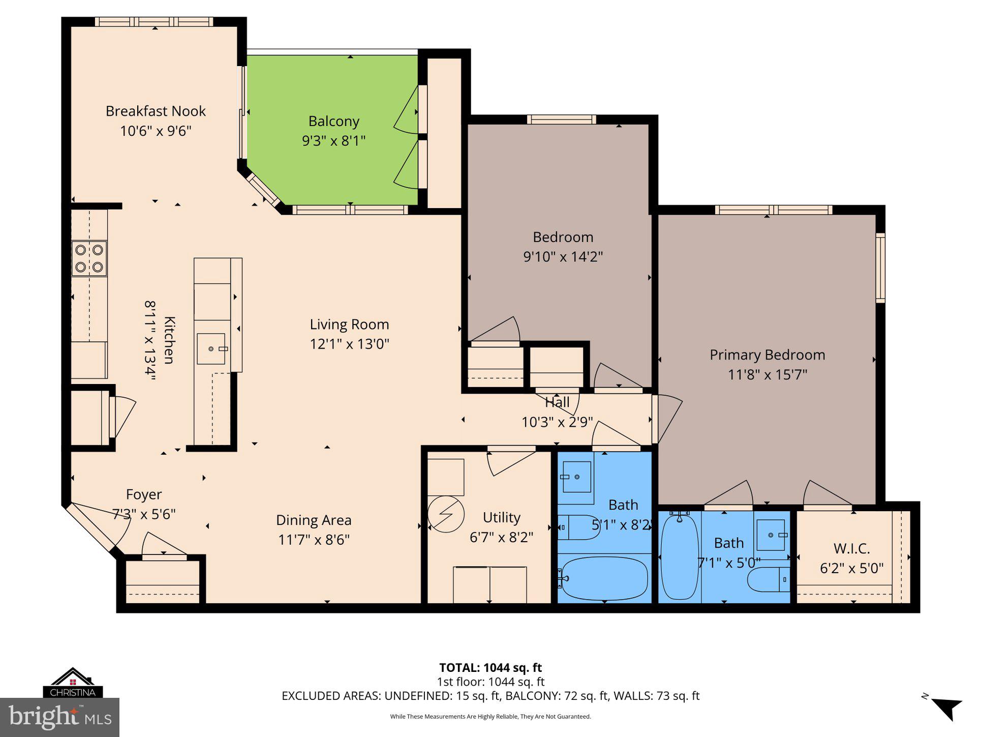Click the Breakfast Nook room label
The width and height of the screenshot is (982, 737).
[156, 111]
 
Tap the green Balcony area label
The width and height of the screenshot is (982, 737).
[333, 122]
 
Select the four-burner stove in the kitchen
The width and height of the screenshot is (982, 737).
[89, 258]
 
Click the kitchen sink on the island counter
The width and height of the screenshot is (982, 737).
[211, 349]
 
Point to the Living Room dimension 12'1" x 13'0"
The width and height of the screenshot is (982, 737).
[349, 344]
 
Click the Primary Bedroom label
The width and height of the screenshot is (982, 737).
[767, 355]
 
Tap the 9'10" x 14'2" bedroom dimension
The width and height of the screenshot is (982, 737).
[563, 256]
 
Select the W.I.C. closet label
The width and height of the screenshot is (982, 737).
[851, 549]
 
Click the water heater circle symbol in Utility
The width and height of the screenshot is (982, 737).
[446, 514]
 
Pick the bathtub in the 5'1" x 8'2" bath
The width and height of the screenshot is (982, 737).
[603, 578]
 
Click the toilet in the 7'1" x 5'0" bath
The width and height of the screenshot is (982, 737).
[768, 580]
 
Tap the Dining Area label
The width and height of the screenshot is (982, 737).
[314, 520]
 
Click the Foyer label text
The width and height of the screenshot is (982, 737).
[144, 495]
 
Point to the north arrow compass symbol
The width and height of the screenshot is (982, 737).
[946, 709]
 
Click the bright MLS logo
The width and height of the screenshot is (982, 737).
[60, 717]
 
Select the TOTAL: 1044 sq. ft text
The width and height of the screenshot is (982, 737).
[490, 668]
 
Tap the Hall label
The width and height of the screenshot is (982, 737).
[557, 403]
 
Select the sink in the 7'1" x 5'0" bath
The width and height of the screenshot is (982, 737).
[771, 535]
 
